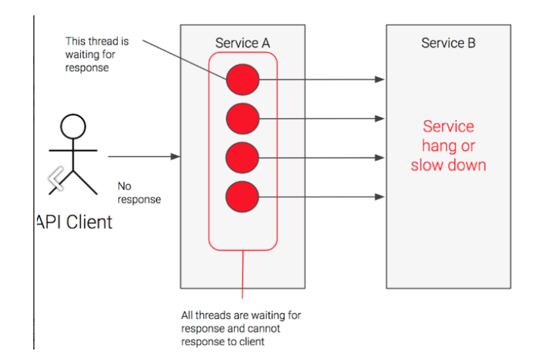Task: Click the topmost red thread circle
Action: tap(242, 80)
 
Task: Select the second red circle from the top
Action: tap(242, 118)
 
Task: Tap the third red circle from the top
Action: tap(242, 158)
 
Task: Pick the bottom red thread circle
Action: tap(242, 197)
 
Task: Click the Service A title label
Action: tap(242, 43)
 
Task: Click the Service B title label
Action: tap(448, 43)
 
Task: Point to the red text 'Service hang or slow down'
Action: tap(448, 146)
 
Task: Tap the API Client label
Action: tap(74, 222)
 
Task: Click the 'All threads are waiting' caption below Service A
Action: tap(241, 328)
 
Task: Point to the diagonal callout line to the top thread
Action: tap(185, 59)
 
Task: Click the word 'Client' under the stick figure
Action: tap(89, 222)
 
